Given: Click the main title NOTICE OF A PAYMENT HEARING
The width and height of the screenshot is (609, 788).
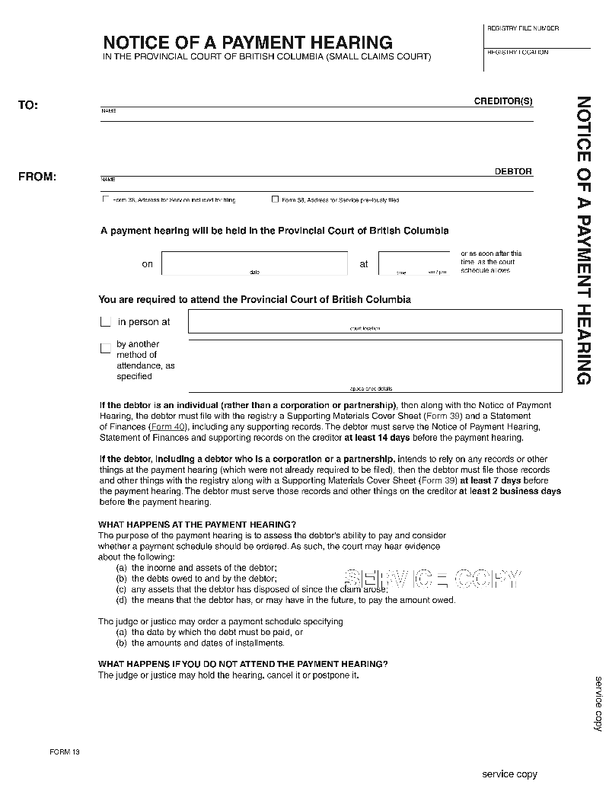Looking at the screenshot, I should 247,43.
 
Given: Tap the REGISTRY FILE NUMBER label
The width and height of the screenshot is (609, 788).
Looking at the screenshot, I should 523,28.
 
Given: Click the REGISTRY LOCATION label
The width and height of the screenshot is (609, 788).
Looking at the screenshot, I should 518,53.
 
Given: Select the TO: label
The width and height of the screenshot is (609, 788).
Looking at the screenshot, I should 28,105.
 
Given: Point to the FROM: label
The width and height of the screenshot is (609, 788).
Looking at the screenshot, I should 37,177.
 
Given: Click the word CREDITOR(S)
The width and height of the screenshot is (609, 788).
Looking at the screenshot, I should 503,101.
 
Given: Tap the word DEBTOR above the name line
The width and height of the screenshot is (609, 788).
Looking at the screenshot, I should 513,171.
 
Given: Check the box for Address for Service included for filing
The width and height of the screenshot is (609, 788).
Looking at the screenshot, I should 105,199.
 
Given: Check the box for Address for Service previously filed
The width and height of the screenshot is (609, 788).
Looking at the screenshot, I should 275,199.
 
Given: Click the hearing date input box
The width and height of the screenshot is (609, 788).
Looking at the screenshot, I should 254,263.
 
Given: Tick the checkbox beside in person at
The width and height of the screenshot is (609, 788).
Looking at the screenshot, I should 106,322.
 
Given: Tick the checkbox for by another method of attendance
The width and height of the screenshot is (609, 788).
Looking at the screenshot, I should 106,348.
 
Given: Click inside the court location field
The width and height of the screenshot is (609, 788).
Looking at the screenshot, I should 375,321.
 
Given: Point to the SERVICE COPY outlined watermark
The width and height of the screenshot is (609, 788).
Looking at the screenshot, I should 432,579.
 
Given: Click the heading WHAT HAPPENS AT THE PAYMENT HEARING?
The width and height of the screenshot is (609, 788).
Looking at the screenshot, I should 197,525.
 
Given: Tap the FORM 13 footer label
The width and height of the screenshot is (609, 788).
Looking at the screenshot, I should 65,752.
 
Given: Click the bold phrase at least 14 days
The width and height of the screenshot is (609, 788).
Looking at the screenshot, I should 376,438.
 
